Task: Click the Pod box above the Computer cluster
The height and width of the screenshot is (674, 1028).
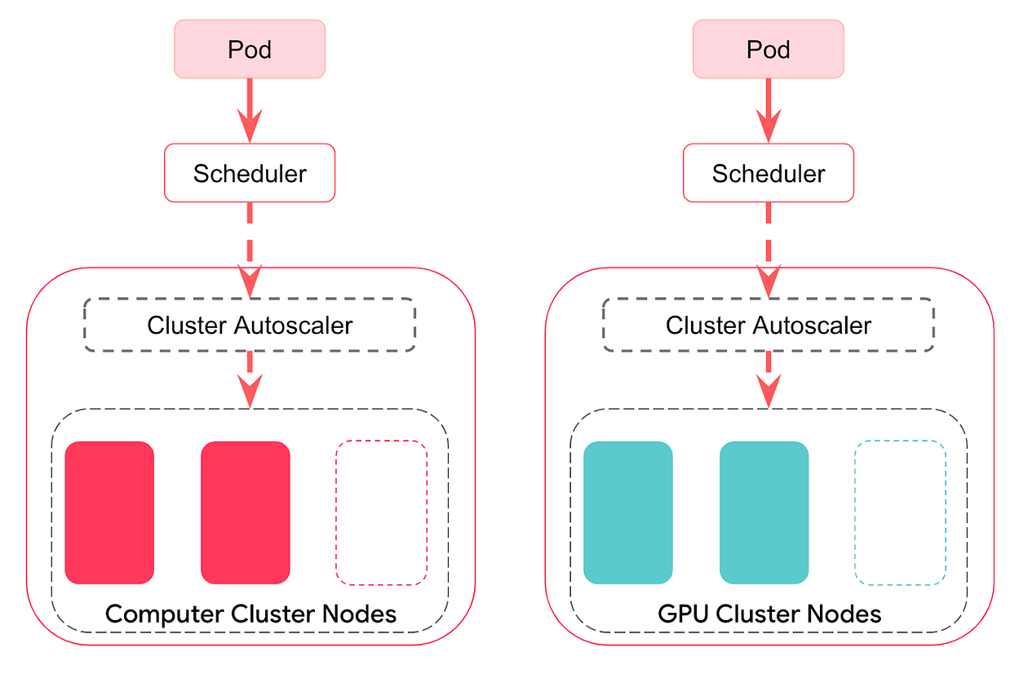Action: (250, 50)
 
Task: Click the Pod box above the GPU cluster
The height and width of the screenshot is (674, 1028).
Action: (769, 50)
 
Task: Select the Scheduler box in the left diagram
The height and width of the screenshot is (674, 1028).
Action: (250, 173)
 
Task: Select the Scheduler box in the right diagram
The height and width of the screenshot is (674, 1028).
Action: (769, 173)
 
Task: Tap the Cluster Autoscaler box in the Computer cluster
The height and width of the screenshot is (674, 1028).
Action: (250, 325)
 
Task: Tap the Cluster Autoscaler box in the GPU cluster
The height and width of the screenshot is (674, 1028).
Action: (769, 325)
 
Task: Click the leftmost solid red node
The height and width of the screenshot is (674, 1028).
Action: (109, 512)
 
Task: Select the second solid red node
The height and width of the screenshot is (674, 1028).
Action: (246, 512)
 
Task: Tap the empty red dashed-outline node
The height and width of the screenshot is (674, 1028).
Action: (382, 512)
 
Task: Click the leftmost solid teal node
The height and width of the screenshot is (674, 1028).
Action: (628, 512)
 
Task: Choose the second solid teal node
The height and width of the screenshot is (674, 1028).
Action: (764, 512)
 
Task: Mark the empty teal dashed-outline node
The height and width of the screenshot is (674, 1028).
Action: (901, 512)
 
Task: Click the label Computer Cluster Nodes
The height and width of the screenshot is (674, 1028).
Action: (251, 614)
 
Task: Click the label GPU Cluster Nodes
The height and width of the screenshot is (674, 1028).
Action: (769, 614)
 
